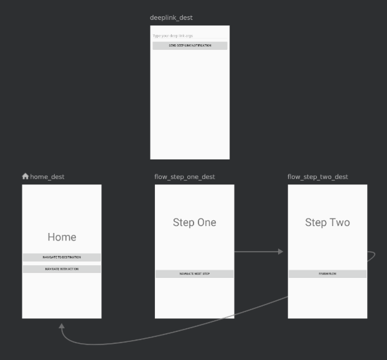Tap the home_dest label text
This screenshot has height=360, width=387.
47,177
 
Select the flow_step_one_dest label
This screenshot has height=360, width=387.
185,177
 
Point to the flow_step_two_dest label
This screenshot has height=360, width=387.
317,177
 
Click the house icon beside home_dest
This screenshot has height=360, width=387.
26,176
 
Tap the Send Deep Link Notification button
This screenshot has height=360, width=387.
190,45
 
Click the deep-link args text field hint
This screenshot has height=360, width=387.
173,36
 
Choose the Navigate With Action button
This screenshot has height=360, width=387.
62,269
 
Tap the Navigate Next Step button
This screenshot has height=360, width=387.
194,273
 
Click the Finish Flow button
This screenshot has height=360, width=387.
327,273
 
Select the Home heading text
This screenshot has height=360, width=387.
62,237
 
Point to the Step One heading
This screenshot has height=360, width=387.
194,222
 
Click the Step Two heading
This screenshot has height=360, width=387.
327,222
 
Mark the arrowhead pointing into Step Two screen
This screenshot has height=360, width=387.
281,252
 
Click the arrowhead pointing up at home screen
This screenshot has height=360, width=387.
62,326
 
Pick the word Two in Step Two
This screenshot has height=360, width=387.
339,222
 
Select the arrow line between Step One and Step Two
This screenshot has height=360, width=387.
255,252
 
